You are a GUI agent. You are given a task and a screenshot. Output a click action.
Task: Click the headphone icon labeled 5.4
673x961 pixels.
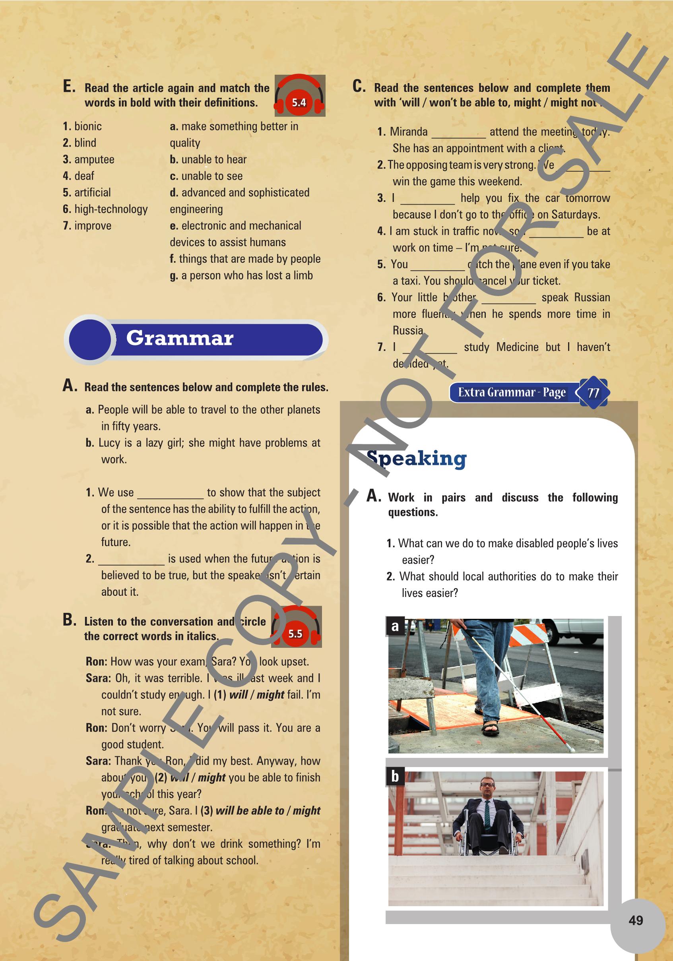(300, 96)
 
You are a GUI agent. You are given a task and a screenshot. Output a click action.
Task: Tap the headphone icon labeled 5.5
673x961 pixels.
(296, 627)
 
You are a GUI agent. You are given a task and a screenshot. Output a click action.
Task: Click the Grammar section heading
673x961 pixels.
(180, 338)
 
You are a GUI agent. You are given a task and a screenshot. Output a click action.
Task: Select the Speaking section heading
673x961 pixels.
(417, 458)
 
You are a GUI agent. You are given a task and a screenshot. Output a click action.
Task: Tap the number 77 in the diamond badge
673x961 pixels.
(593, 393)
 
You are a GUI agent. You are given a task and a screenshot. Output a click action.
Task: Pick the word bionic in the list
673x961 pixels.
(88, 126)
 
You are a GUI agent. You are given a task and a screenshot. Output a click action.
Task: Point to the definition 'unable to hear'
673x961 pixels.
(213, 159)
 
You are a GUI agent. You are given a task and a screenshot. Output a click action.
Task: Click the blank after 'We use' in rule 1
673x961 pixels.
(171, 494)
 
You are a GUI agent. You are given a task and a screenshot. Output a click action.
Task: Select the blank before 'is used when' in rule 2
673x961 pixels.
(132, 560)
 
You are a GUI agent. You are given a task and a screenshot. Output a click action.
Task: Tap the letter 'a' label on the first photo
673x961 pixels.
(395, 627)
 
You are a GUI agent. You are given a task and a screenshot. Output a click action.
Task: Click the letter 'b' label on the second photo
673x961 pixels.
(395, 777)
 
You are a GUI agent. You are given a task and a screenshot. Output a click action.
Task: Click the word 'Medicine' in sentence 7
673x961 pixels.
(517, 347)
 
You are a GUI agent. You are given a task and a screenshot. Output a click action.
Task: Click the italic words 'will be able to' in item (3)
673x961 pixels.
(250, 811)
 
